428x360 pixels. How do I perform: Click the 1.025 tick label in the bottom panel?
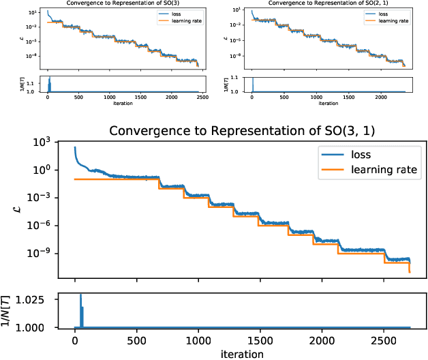click(x=41, y=300)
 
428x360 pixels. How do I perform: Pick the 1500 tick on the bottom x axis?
click(x=260, y=339)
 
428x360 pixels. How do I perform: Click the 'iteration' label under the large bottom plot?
click(x=242, y=353)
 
